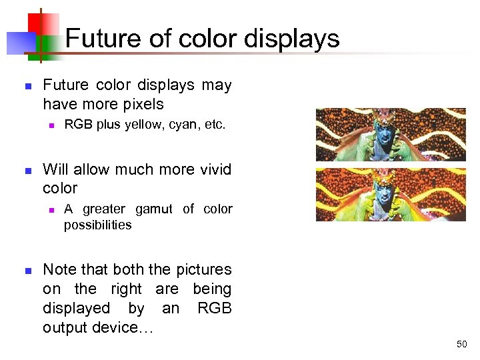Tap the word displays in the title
click(x=291, y=39)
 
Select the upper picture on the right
click(x=390, y=135)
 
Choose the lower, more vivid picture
click(x=390, y=194)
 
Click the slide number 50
click(x=461, y=345)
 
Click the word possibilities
click(x=97, y=225)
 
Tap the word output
click(x=67, y=328)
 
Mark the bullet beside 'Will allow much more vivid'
click(x=27, y=171)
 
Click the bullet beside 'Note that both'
click(x=27, y=271)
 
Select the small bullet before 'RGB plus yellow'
click(x=50, y=125)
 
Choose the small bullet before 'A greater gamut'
click(x=50, y=210)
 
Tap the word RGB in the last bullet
click(x=214, y=309)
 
